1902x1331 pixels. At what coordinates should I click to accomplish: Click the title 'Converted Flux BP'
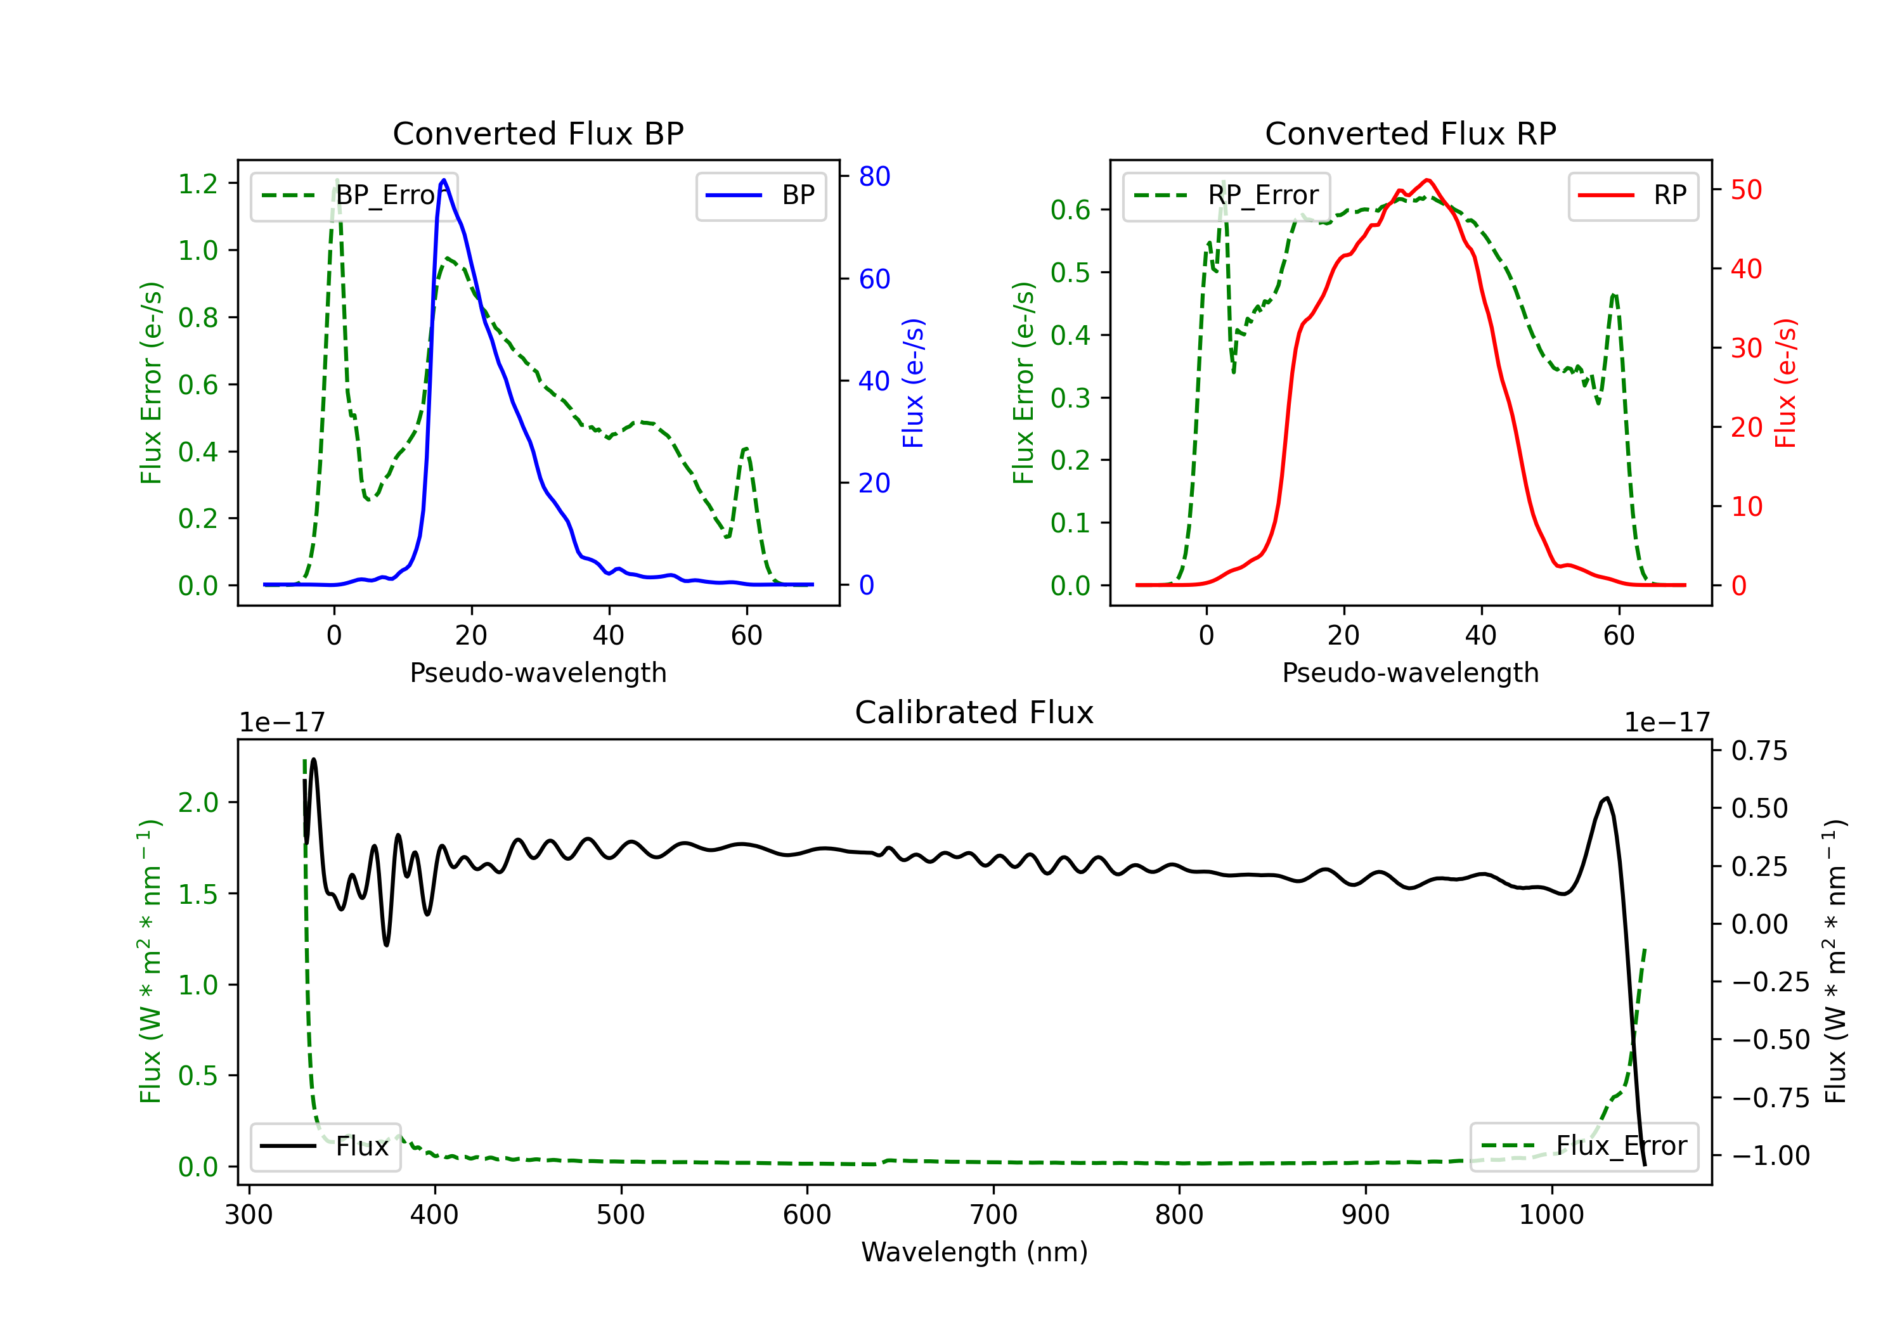(538, 133)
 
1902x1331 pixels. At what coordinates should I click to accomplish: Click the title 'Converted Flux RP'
(1410, 133)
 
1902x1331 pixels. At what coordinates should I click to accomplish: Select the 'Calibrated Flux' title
(974, 712)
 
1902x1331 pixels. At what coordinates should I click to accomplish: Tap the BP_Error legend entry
(354, 195)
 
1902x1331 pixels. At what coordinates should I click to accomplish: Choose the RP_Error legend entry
(1226, 195)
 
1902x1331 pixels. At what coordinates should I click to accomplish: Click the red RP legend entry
(1633, 195)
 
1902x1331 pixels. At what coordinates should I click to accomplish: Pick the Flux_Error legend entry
(1584, 1147)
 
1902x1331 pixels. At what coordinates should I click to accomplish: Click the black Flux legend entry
(325, 1147)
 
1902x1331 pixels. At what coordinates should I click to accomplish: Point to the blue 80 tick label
(875, 176)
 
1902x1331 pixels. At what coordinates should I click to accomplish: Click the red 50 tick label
(1746, 190)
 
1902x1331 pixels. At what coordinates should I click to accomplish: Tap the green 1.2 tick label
(198, 183)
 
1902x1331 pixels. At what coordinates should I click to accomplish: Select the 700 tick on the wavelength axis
(993, 1214)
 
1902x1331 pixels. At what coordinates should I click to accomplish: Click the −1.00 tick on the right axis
(1770, 1155)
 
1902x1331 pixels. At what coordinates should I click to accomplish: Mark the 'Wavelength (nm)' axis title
(974, 1252)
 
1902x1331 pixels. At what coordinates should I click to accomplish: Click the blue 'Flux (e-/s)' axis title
(913, 383)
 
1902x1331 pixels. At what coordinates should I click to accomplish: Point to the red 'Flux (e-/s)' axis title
(1785, 383)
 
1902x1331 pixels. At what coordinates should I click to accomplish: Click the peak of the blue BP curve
(444, 180)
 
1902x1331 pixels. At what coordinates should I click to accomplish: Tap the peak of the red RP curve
(1427, 180)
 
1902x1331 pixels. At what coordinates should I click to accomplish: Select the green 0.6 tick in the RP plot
(1070, 210)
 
